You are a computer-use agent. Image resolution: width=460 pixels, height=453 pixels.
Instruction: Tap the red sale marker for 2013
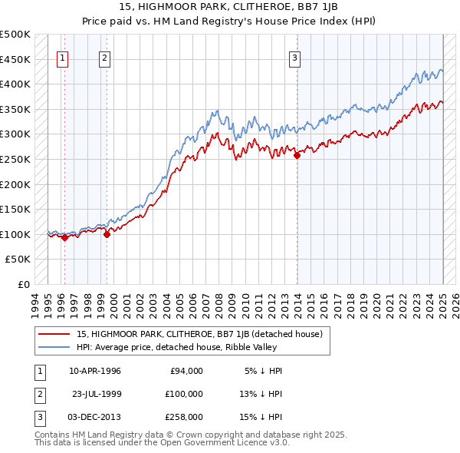click(297, 155)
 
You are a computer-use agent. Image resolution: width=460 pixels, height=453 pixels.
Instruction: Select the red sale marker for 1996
click(65, 237)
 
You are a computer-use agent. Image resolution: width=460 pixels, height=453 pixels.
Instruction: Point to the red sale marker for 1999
click(107, 234)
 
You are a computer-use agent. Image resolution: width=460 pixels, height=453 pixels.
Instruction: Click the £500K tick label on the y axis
click(15, 35)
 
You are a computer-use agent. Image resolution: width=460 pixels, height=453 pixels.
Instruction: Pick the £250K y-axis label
click(15, 159)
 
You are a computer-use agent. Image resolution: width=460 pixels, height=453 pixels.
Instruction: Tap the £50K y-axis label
click(18, 260)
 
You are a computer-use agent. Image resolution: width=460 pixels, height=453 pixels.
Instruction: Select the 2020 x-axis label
click(377, 303)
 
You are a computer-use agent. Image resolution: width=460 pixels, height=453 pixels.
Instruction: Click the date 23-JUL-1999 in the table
click(96, 394)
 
